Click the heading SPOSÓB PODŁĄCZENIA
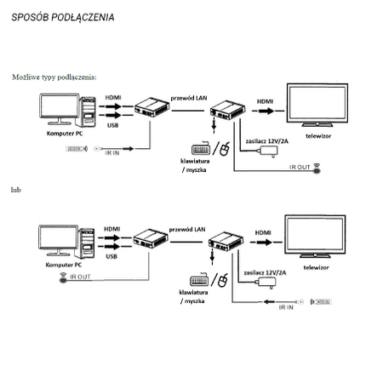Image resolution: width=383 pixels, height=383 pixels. point(64,17)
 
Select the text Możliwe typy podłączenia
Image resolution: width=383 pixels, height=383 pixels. point(54,76)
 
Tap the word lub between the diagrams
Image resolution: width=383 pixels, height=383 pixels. point(15,188)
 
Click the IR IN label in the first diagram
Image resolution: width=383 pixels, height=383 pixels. point(111,152)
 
